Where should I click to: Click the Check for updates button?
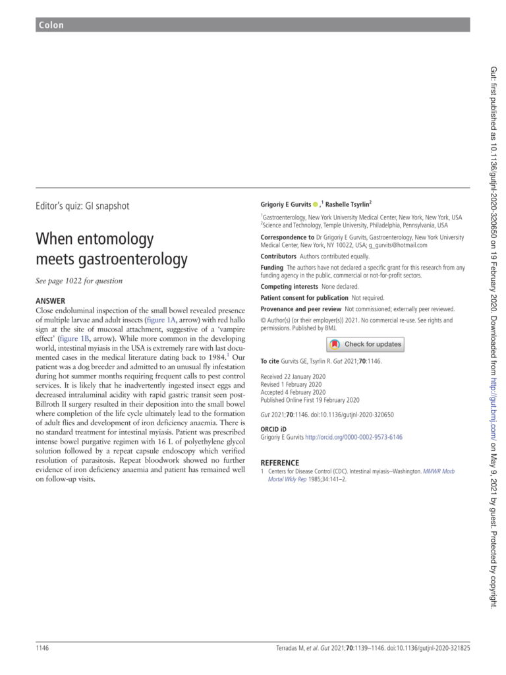(364, 344)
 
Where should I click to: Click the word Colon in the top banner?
(51, 26)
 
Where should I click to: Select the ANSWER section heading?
(50, 301)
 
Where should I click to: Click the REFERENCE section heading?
(280, 463)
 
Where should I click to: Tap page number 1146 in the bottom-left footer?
(43, 649)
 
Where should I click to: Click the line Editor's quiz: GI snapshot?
(82, 206)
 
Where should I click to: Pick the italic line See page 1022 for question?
(79, 281)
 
